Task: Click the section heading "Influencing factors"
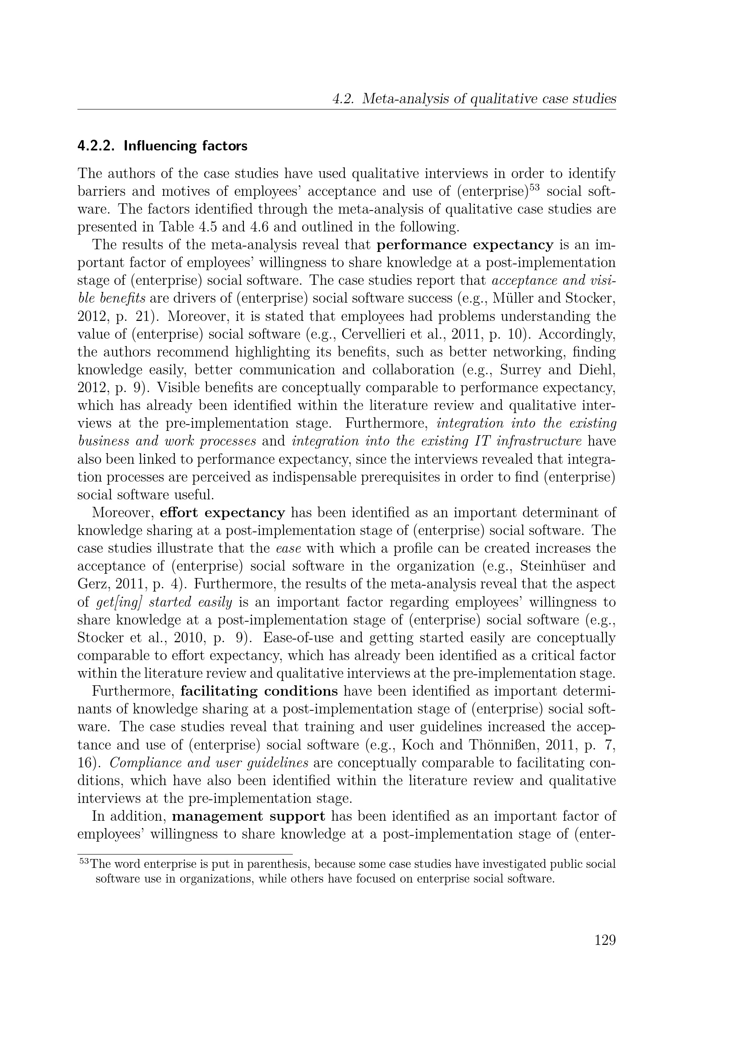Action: (x=186, y=146)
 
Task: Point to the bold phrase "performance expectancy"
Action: (x=465, y=245)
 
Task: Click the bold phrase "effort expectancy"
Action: (x=222, y=513)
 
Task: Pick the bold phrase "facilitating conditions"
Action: (x=259, y=691)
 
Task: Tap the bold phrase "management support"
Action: (x=249, y=816)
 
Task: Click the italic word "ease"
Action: (x=289, y=549)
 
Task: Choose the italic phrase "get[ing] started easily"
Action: (x=165, y=602)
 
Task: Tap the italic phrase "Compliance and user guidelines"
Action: (x=209, y=763)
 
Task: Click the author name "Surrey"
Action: (x=521, y=370)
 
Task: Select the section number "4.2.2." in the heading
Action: (x=97, y=146)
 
